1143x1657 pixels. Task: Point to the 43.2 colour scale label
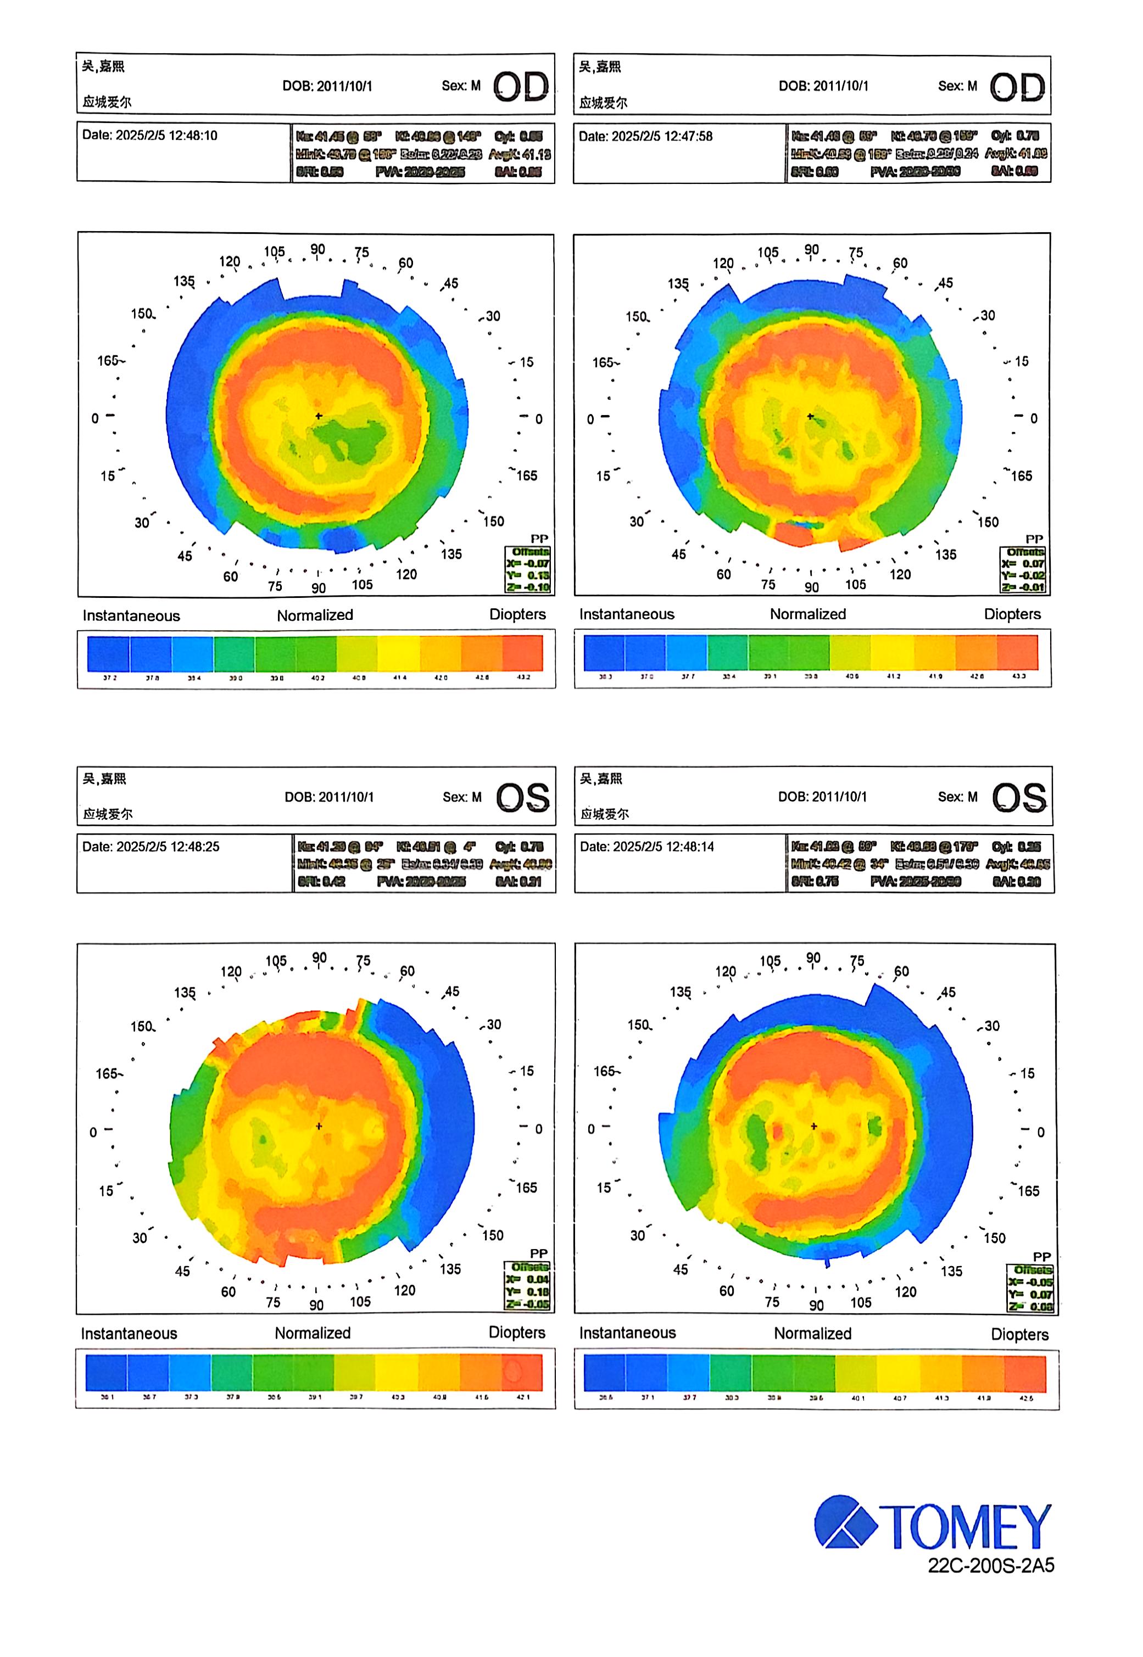[x=523, y=677]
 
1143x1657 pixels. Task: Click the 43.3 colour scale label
[x=1018, y=676]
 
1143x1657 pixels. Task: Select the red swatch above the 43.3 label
[x=1017, y=652]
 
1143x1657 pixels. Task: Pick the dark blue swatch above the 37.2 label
[x=108, y=653]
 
